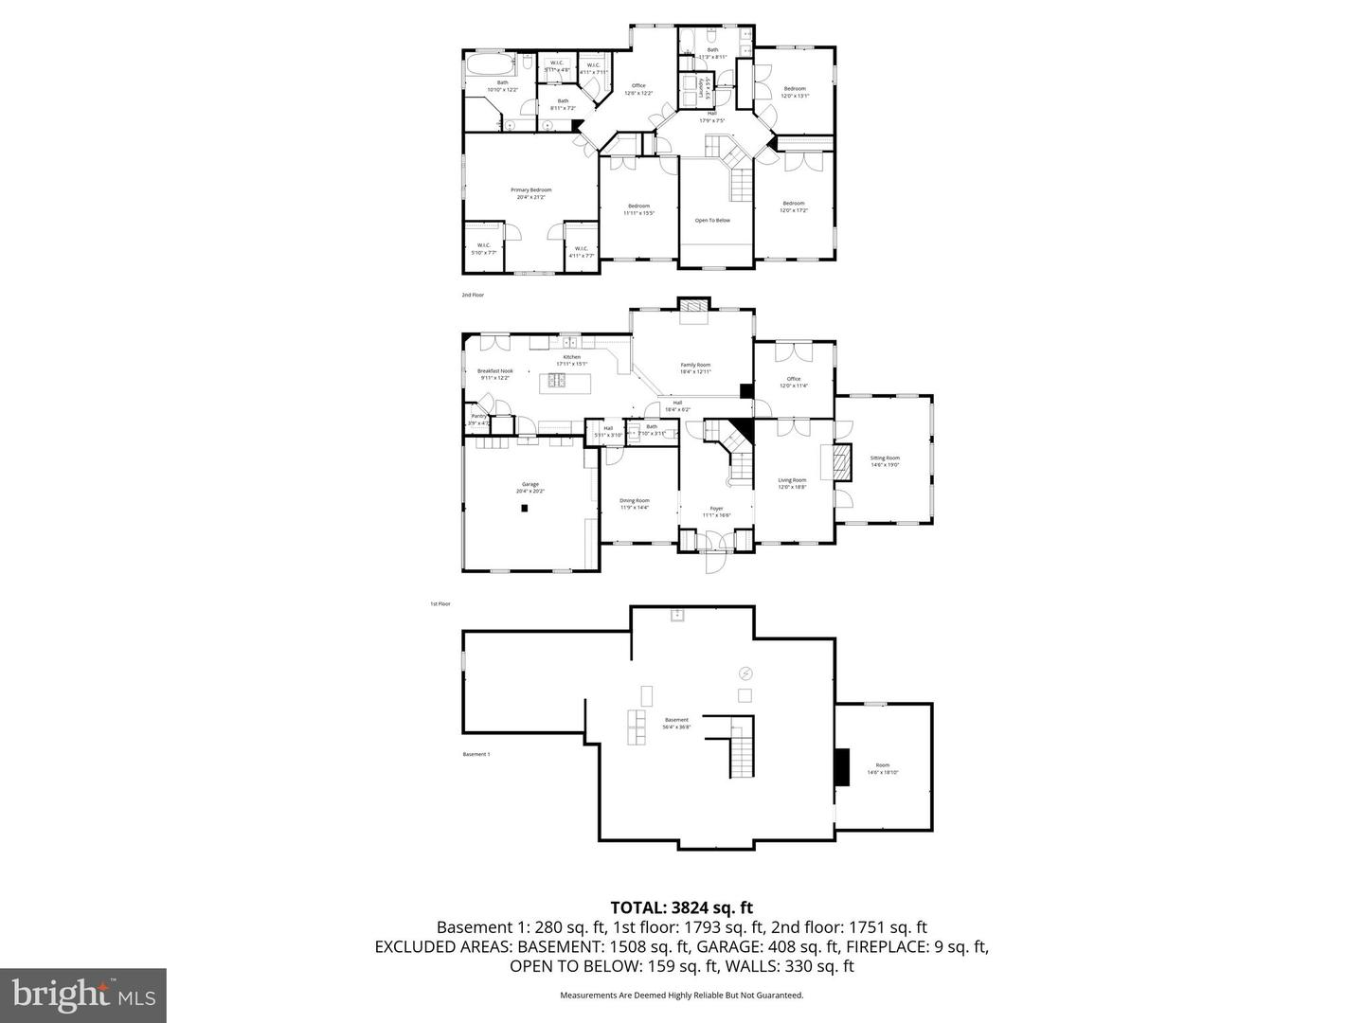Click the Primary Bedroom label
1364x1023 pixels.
tap(533, 190)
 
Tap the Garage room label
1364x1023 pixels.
tap(529, 484)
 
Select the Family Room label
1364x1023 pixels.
tap(695, 365)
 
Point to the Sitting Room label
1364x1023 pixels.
tap(885, 458)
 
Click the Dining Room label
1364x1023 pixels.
tap(635, 500)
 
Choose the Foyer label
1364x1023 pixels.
tap(716, 509)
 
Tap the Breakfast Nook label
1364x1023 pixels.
tap(494, 371)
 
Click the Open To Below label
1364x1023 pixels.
tap(712, 221)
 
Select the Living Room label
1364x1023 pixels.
tap(792, 480)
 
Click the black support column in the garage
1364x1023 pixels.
tap(524, 508)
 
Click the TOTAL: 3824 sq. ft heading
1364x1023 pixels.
tap(681, 907)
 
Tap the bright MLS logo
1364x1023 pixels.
tap(83, 995)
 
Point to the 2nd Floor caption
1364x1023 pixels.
tap(473, 296)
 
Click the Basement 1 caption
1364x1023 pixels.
tap(476, 754)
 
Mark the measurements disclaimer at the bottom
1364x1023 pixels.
tap(681, 996)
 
